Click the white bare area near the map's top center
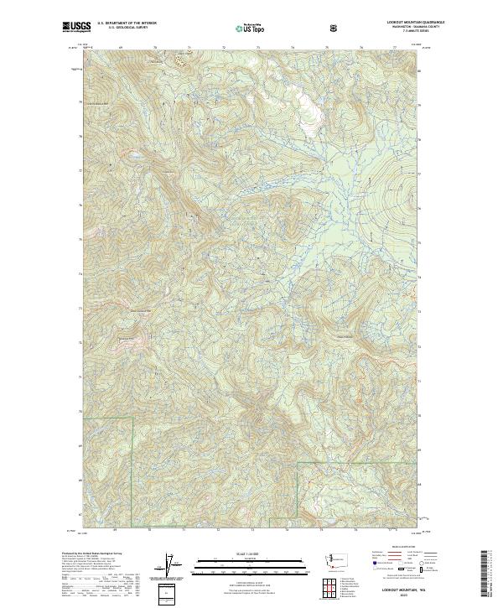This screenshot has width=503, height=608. click(311, 110)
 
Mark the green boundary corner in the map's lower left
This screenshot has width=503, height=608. click(133, 417)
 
